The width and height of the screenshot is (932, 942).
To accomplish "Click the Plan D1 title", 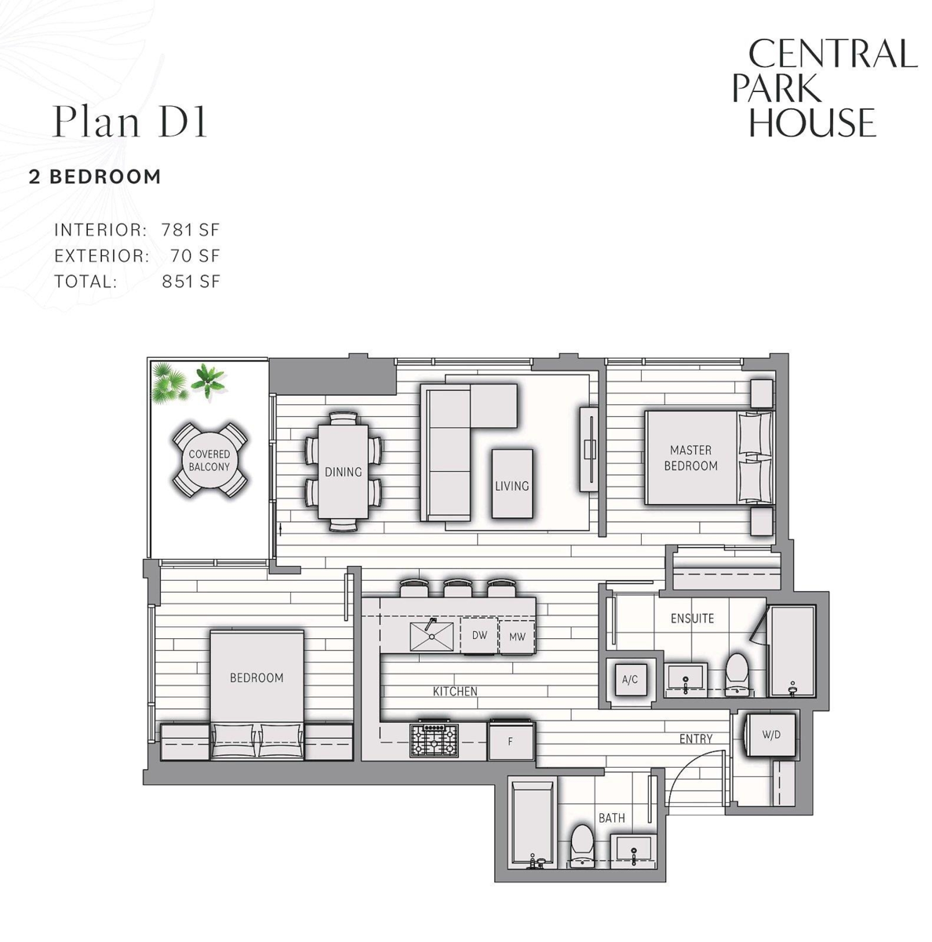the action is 129,121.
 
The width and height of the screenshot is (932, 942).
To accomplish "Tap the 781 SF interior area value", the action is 190,230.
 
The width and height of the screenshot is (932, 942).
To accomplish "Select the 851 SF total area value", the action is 191,282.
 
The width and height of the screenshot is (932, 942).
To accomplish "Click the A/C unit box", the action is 629,680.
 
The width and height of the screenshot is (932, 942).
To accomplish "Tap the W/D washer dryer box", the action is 770,735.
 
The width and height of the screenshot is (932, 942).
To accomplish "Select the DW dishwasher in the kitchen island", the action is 479,635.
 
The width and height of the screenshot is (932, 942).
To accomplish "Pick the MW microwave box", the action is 516,636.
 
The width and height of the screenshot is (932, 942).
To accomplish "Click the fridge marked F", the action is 510,740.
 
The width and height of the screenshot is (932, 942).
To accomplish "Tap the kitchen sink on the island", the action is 431,636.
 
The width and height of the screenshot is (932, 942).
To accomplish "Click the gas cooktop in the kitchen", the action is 434,742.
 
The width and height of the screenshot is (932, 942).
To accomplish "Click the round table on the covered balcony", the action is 209,461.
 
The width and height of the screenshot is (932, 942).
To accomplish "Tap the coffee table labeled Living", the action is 512,484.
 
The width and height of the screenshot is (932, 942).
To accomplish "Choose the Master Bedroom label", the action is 690,458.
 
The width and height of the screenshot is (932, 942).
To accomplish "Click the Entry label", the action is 695,739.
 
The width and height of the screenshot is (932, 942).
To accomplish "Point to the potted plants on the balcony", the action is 188,382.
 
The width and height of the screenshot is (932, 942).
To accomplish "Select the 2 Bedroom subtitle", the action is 95,177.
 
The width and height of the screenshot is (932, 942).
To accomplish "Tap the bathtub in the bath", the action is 532,825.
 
